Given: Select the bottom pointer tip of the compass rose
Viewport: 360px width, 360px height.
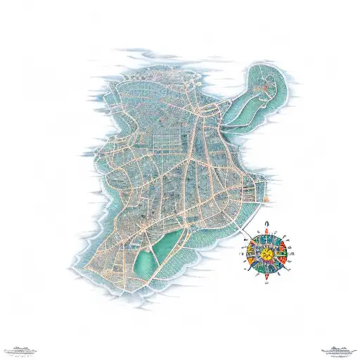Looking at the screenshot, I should point(266,275).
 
